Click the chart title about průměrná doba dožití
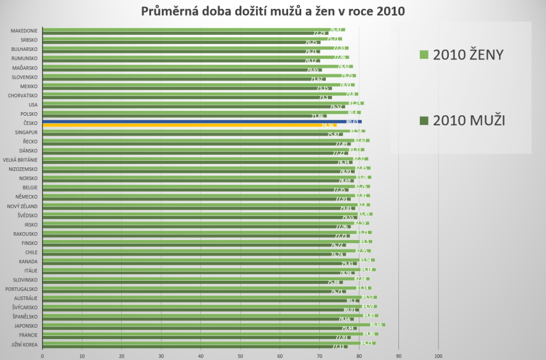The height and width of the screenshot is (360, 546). pos(273,11)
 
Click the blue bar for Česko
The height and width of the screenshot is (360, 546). pos(202,121)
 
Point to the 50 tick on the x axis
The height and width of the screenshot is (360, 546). pos(240,354)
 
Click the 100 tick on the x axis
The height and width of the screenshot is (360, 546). pos(437,354)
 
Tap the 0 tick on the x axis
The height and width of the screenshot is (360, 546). pos(43,354)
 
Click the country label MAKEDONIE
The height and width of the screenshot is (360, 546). pos(24,31)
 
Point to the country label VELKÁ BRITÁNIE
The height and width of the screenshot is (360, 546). pos(20,160)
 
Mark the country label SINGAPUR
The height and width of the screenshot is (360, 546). pos(25,132)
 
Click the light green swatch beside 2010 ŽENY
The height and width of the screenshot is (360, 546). pos(422,55)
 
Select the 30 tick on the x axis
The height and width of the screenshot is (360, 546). pos(161,354)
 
